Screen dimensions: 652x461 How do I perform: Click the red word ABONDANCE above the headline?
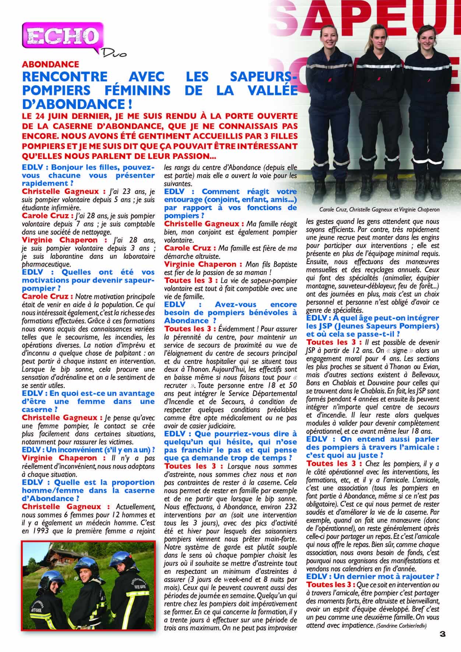coord(50,65)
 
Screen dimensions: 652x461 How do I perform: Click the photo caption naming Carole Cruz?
coord(380,210)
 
